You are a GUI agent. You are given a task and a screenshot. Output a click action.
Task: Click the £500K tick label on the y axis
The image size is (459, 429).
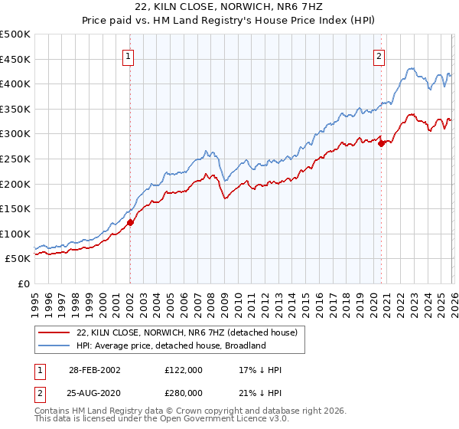click(x=15, y=34)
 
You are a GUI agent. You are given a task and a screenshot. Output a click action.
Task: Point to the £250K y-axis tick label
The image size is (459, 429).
click(x=15, y=159)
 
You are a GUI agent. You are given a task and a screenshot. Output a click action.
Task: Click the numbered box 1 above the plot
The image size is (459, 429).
click(x=128, y=55)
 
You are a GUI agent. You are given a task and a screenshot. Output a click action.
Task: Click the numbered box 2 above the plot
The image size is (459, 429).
click(x=379, y=55)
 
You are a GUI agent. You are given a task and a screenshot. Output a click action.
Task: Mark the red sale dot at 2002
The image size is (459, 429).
click(x=130, y=223)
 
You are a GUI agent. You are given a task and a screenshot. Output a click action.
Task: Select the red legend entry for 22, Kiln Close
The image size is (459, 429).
click(x=191, y=332)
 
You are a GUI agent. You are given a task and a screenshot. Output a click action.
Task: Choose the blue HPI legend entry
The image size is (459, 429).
click(x=170, y=345)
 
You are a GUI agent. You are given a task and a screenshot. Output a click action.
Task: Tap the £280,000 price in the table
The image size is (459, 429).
click(x=185, y=393)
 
